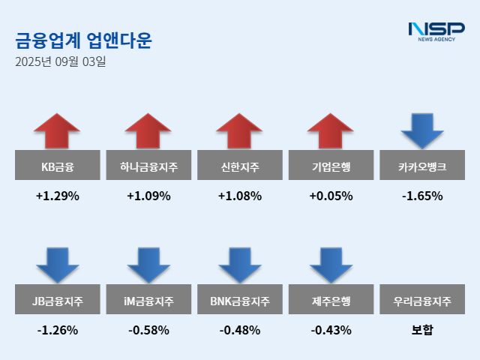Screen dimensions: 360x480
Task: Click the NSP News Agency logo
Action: click(436, 31)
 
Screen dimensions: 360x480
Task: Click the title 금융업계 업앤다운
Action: click(83, 40)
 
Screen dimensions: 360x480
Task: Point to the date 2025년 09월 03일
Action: click(60, 62)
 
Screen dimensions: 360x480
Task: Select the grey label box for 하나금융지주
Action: click(148, 166)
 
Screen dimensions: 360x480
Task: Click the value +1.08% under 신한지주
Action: click(240, 196)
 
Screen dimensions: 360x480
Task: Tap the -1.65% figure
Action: click(423, 196)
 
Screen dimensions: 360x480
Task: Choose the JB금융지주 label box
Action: click(57, 301)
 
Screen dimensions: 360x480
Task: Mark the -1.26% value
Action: click(57, 330)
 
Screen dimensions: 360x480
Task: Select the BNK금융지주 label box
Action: click(240, 301)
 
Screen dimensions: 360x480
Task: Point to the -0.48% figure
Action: click(240, 330)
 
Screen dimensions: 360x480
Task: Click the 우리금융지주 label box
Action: click(423, 301)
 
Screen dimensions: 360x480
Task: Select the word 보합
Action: click(423, 330)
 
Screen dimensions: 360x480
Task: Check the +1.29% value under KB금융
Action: click(57, 196)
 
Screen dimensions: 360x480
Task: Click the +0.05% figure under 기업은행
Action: click(331, 196)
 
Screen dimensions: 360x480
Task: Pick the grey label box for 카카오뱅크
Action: click(423, 166)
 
